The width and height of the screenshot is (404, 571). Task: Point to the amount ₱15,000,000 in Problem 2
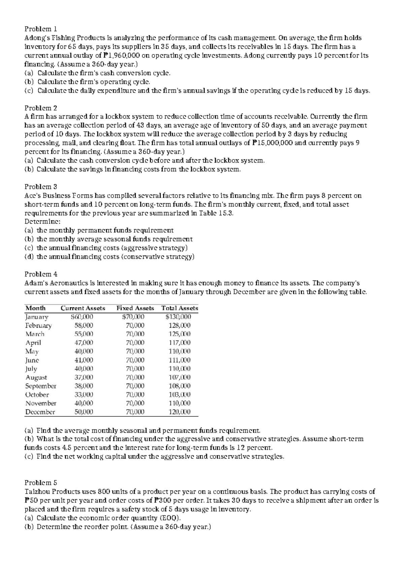click(273, 143)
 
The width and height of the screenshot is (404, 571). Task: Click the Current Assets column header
click(83, 308)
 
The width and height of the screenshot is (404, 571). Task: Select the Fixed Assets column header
click(135, 308)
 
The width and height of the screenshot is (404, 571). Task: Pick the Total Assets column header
click(179, 308)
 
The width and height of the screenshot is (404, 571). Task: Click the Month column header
click(35, 308)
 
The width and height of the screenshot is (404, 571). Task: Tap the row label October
click(37, 395)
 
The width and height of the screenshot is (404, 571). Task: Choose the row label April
click(33, 343)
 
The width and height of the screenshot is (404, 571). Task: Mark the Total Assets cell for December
click(179, 412)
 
